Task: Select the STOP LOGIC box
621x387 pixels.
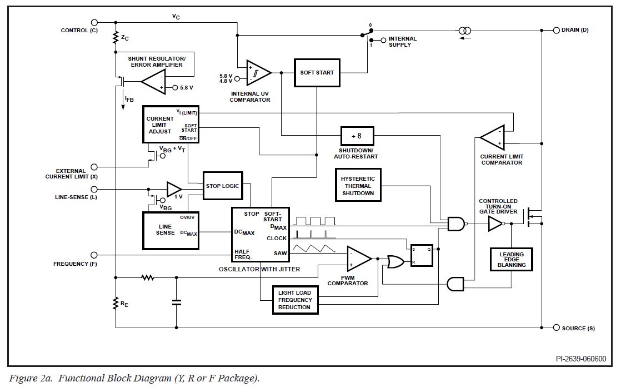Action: [223, 186]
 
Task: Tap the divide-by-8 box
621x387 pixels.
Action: [356, 136]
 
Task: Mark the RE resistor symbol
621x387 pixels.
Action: [116, 304]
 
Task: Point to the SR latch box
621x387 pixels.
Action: [422, 255]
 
